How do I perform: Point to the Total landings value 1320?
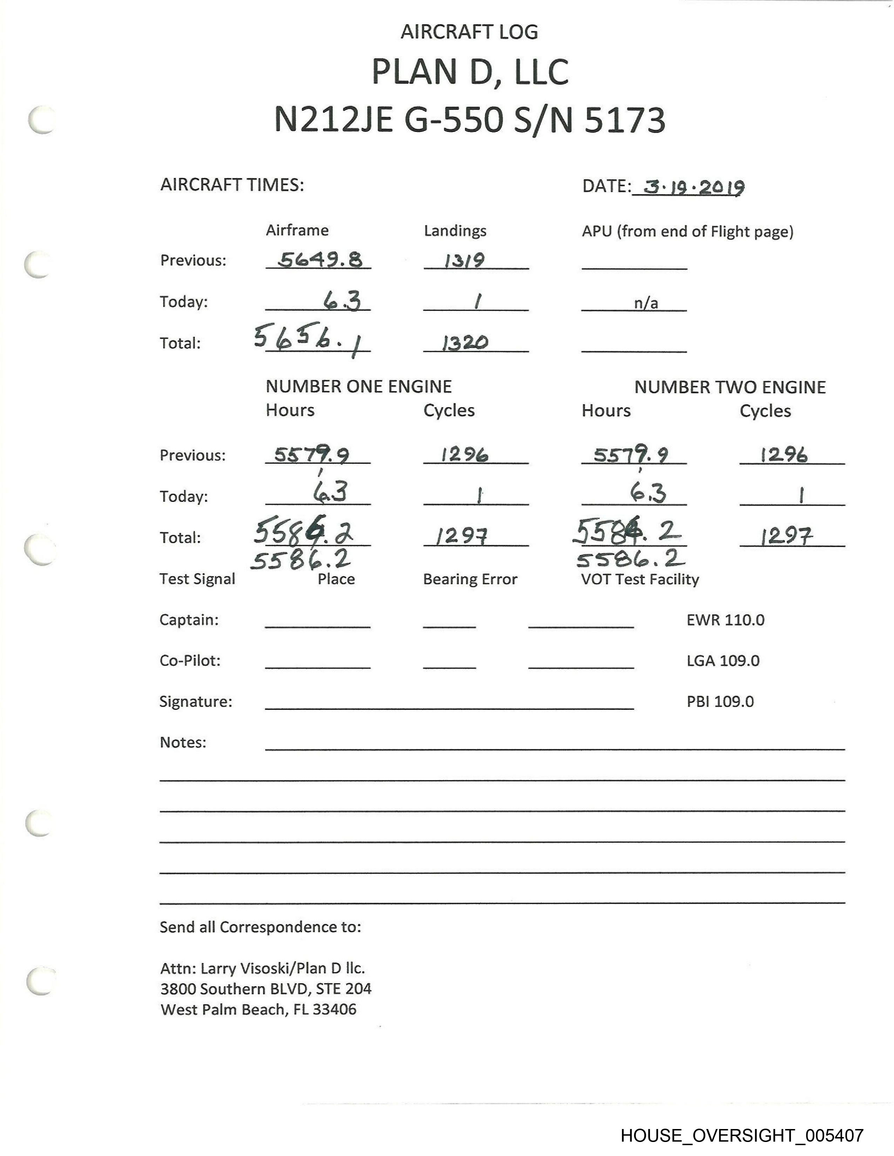tap(465, 343)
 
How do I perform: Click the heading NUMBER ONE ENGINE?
tap(359, 386)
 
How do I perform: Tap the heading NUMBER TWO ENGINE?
tap(730, 387)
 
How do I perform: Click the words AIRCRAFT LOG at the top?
tap(469, 32)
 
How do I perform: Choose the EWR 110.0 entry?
tap(725, 620)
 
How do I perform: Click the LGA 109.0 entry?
tap(723, 661)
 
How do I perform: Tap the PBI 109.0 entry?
tap(720, 701)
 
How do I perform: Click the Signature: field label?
tap(195, 701)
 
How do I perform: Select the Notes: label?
tap(183, 742)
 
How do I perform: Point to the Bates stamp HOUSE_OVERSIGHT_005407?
tap(742, 1135)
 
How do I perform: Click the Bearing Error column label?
tap(470, 579)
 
